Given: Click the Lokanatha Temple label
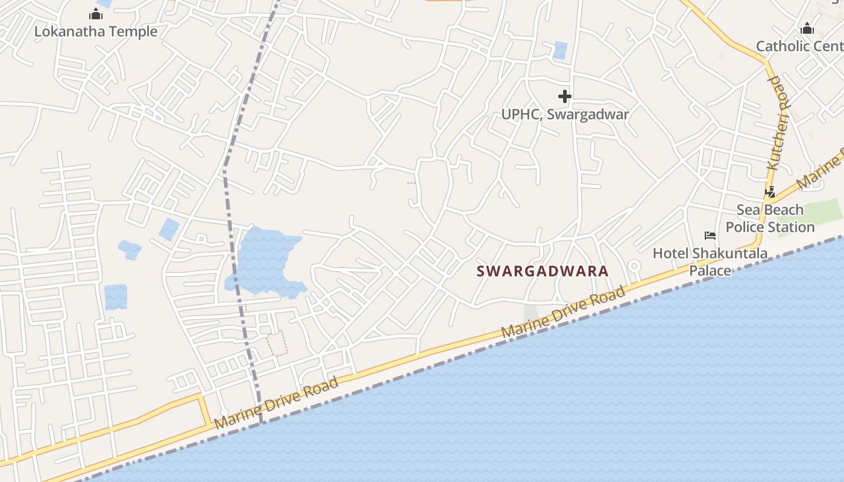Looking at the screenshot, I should pos(95,31).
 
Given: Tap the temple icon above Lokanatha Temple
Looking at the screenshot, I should pos(95,14).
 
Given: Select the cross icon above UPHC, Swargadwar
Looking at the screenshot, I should pos(564,96).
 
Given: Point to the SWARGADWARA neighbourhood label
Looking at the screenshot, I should pos(543,271).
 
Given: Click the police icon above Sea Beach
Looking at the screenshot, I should pos(770,192).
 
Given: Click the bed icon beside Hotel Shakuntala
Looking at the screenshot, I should pos(710,235).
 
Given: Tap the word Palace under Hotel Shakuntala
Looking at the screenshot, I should pos(710,271).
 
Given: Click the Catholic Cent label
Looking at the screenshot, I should pos(799,46).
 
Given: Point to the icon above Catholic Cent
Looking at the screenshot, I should pos(807,28).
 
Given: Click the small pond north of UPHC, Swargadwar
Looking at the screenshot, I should pos(560,50).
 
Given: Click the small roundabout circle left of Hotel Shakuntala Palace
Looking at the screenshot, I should pos(634,266).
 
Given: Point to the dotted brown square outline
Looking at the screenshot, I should pos(277,343).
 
